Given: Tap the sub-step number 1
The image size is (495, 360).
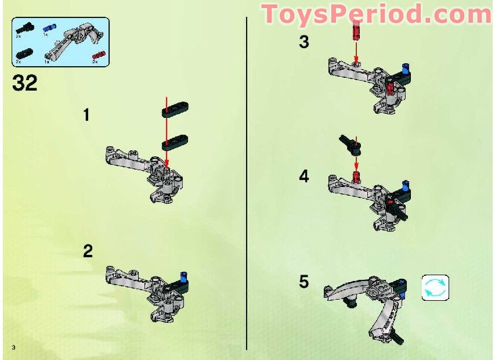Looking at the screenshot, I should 86,115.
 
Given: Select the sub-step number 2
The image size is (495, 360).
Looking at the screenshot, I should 88,251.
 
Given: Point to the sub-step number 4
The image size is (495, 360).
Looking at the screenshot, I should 304,177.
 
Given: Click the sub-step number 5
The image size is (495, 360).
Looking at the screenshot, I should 304,282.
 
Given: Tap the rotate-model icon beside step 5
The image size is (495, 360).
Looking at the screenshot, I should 435,288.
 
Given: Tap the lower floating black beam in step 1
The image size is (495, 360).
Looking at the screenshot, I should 174,140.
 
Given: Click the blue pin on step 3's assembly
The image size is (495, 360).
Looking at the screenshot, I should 407,69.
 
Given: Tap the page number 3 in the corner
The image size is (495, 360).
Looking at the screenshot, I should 12,347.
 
